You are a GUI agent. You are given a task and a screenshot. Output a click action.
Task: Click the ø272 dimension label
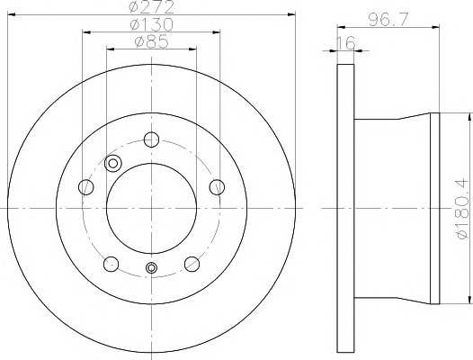click(152, 6)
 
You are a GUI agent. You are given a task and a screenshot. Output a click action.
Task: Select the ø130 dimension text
click(152, 25)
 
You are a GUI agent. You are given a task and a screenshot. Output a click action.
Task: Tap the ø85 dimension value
click(152, 41)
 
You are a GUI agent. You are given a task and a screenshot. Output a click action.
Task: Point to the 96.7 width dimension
click(388, 20)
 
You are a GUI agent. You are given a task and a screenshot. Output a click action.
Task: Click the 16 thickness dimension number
click(345, 43)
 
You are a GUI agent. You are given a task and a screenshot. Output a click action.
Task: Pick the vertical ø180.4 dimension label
click(463, 209)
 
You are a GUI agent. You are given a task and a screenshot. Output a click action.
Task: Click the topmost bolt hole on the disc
click(151, 139)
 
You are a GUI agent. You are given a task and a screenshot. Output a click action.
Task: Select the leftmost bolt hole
click(86, 187)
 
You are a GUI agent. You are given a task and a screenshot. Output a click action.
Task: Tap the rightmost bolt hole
click(217, 187)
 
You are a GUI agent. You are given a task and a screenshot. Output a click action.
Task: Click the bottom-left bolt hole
click(111, 264)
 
